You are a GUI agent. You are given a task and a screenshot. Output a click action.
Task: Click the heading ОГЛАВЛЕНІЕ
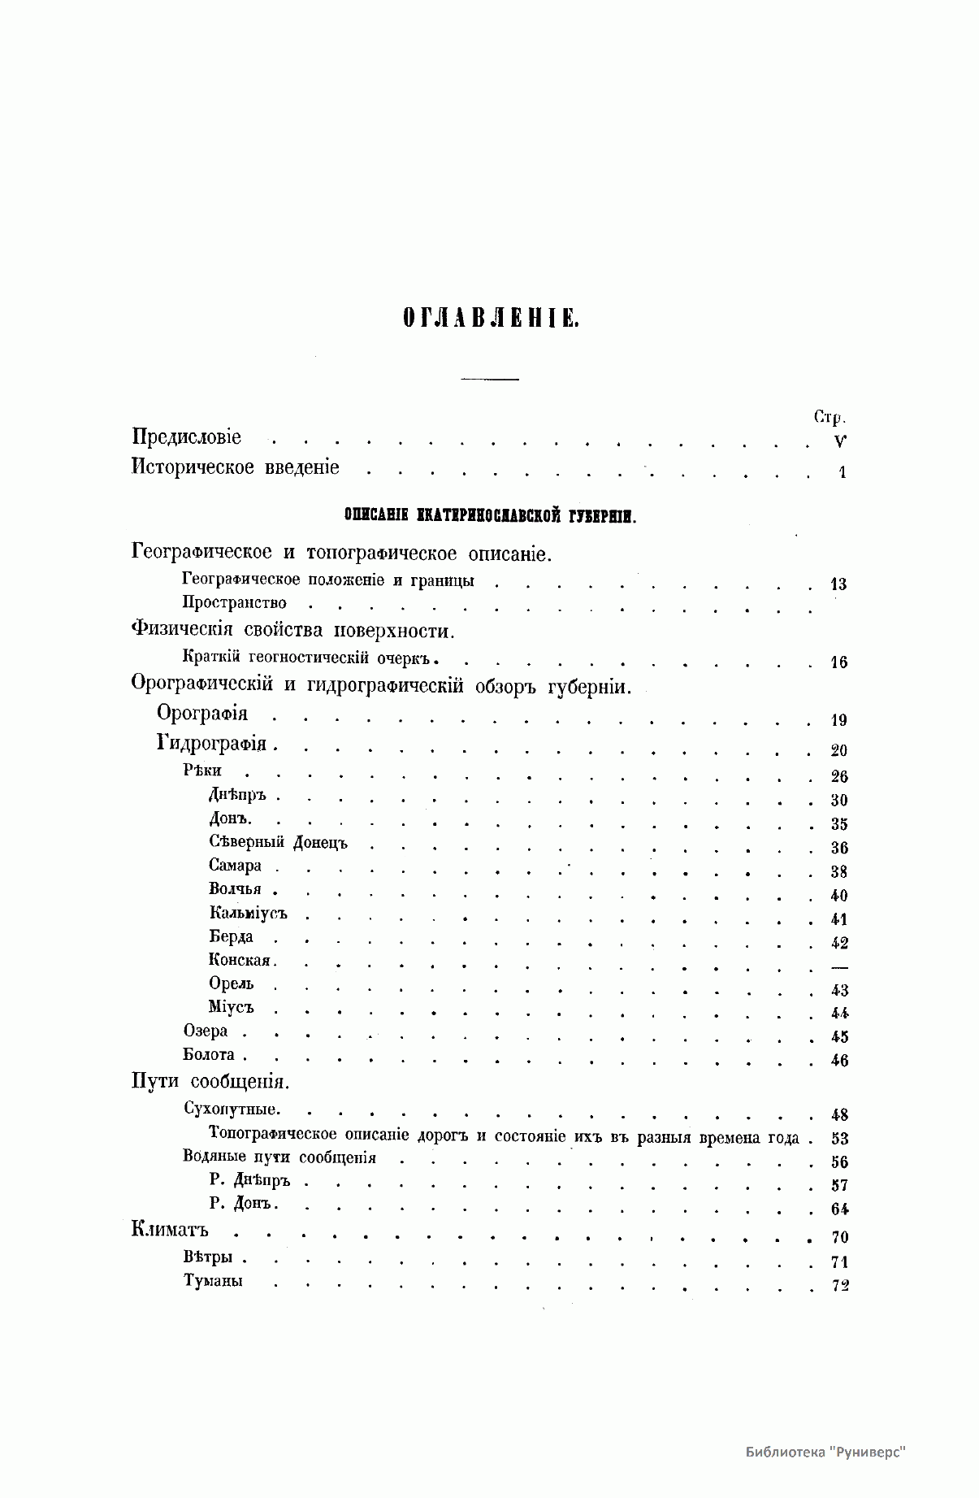click(490, 319)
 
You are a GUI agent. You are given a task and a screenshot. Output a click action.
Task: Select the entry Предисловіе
click(186, 437)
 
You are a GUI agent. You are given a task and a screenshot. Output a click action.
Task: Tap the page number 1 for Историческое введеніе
click(843, 471)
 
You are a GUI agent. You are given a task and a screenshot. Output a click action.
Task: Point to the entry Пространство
click(235, 603)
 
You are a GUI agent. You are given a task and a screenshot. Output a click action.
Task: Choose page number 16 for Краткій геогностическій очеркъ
click(838, 662)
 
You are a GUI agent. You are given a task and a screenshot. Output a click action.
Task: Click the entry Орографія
click(202, 714)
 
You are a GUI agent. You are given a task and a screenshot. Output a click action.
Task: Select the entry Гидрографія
click(212, 743)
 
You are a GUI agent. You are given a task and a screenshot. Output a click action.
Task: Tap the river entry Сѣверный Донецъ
click(278, 843)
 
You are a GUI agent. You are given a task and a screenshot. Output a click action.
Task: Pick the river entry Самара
click(235, 866)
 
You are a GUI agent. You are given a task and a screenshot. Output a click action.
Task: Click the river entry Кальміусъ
click(248, 914)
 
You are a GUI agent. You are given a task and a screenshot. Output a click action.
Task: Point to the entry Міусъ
click(231, 1008)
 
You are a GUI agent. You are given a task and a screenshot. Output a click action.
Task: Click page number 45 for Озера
click(839, 1037)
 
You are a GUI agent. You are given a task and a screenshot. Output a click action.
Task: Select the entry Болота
click(209, 1055)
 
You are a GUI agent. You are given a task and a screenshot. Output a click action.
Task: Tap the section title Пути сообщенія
click(210, 1083)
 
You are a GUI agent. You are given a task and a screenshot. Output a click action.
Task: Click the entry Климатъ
click(170, 1230)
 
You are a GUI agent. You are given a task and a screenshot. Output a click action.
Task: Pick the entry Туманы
click(214, 1283)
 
